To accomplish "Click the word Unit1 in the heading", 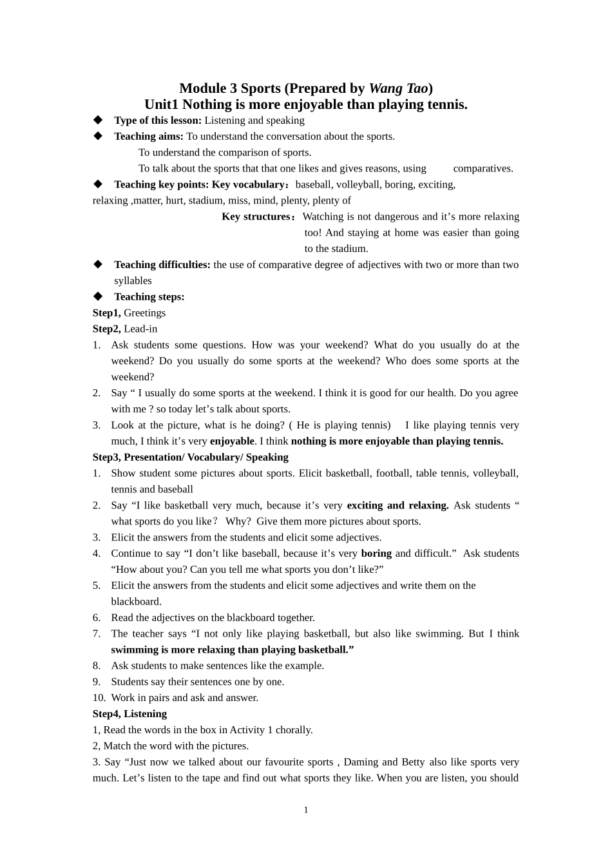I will click(161, 104).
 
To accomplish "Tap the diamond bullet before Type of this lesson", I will click(98, 120).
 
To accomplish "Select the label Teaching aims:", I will click(149, 136).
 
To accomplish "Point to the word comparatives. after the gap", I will click(483, 168).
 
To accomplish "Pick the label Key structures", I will click(256, 216).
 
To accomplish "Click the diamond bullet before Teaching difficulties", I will click(98, 264).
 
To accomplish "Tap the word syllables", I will click(133, 280).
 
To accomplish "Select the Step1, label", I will click(106, 313).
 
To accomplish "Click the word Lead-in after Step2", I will click(140, 329).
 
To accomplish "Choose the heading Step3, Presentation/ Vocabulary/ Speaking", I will click(190, 457).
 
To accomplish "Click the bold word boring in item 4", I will click(376, 553).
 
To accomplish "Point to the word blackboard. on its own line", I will click(136, 601).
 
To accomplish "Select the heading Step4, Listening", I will click(129, 713).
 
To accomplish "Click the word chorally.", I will click(294, 729).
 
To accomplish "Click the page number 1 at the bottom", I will click(306, 810).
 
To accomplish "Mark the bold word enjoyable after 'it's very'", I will click(232, 441).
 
